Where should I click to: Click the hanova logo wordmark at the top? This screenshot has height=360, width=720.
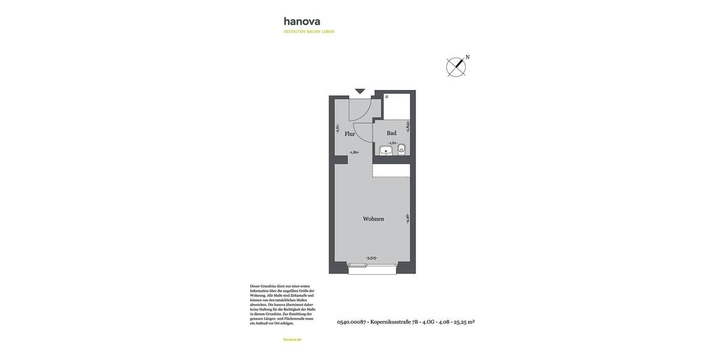[x=302, y=22]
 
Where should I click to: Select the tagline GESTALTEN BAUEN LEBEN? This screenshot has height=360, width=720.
[x=309, y=32]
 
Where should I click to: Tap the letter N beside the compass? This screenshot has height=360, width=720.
[x=467, y=58]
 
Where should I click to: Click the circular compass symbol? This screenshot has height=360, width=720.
[x=456, y=67]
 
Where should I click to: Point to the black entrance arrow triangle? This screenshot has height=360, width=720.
[x=360, y=91]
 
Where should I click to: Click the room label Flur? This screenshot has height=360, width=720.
[x=350, y=134]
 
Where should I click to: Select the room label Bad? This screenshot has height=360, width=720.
[x=391, y=133]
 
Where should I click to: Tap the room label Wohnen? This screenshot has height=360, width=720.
[x=373, y=219]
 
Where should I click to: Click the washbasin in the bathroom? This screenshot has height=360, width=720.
[x=386, y=150]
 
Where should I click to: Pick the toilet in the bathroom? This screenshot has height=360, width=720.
[x=401, y=149]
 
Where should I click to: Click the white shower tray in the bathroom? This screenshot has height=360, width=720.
[x=397, y=106]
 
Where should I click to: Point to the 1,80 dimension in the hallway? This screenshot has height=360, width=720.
[x=354, y=152]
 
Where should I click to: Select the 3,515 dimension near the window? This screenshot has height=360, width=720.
[x=371, y=258]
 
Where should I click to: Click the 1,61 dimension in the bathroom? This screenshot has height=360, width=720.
[x=393, y=143]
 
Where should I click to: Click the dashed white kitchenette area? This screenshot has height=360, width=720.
[x=391, y=170]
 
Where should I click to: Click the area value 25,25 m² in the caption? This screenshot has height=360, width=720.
[x=464, y=322]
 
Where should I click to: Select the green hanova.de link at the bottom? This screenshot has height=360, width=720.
[x=292, y=340]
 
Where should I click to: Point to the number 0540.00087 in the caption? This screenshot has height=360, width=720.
[x=351, y=322]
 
